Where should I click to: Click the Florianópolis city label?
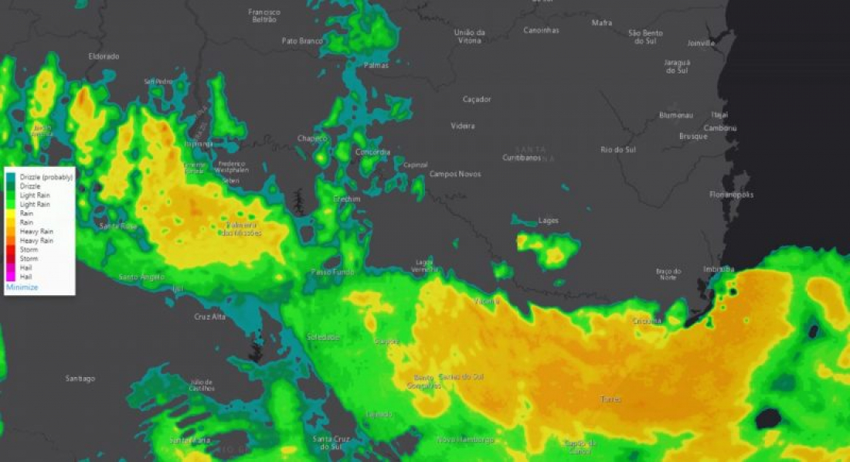point(731,195)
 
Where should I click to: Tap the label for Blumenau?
point(675,115)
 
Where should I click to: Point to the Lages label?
point(548,221)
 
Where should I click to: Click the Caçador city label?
point(476,100)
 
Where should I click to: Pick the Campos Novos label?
point(455,174)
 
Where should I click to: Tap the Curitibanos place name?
point(522,157)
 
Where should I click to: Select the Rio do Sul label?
point(617,150)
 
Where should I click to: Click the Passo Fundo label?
point(332,272)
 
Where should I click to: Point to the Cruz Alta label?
point(210,317)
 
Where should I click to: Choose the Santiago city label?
point(80,379)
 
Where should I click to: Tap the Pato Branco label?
point(302,41)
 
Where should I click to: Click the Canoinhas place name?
point(542,30)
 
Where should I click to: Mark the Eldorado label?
point(104,56)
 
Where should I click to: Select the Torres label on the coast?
point(610,399)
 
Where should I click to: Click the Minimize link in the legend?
point(22,287)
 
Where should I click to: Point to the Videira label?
point(463,126)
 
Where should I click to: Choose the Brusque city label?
point(693,136)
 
